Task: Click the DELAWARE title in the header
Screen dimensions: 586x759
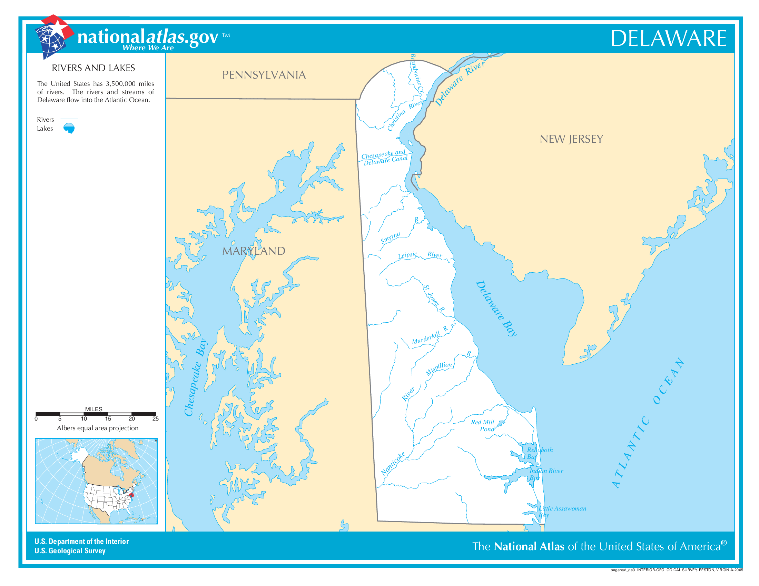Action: tap(668, 38)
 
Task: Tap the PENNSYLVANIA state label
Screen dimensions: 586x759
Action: tap(264, 75)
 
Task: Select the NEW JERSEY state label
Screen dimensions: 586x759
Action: tap(571, 139)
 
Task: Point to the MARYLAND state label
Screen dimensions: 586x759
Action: tap(253, 251)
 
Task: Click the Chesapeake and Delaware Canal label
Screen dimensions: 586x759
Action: tap(384, 157)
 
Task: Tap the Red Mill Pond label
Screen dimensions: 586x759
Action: tap(482, 426)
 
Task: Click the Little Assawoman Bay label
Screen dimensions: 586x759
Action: tap(562, 512)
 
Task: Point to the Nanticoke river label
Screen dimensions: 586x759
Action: tap(393, 464)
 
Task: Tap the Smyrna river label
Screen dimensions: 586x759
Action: tap(390, 238)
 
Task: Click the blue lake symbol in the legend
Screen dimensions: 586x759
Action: tap(69, 128)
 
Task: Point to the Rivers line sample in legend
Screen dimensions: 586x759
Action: tap(69, 119)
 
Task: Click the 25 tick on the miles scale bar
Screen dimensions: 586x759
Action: tap(155, 419)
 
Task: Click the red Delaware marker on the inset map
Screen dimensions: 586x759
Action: tap(131, 495)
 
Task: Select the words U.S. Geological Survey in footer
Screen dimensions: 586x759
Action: tap(70, 551)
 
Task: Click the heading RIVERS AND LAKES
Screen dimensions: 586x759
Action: tap(93, 68)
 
